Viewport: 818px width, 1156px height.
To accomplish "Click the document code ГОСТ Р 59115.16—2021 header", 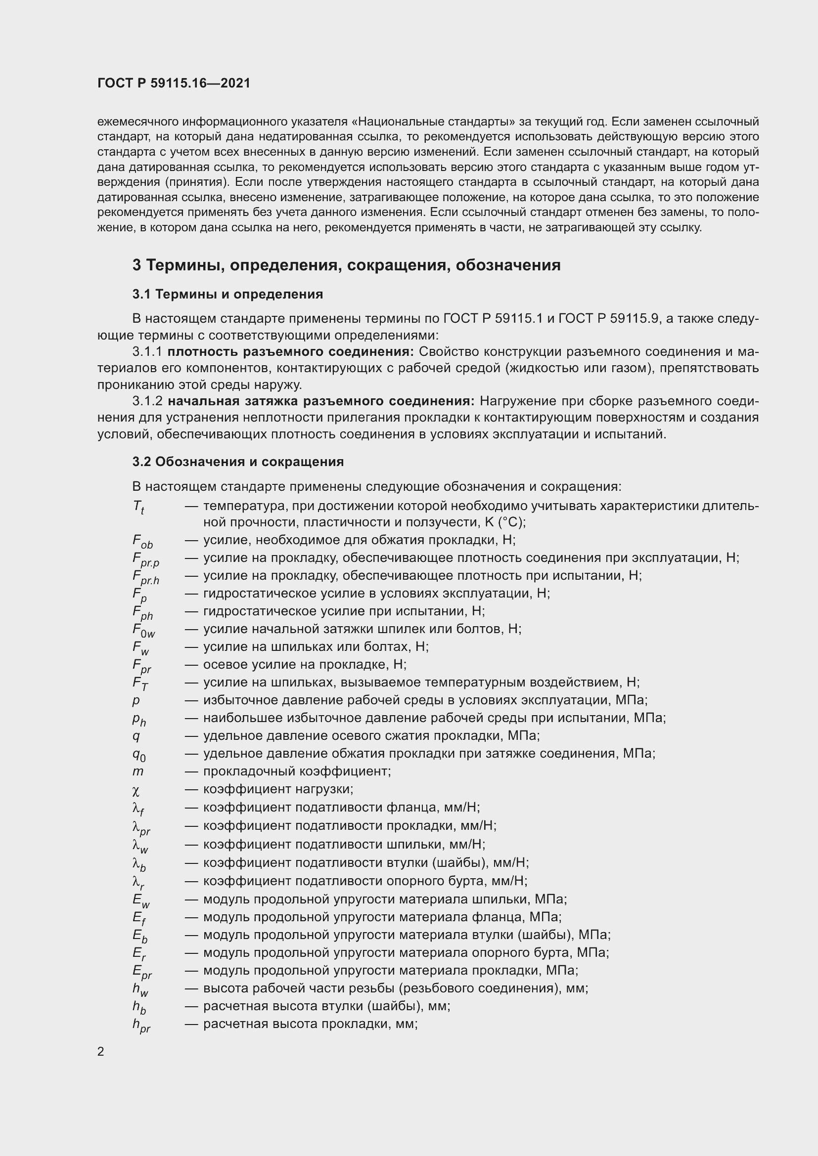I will tap(174, 83).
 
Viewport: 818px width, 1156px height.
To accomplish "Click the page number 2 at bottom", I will tap(101, 1051).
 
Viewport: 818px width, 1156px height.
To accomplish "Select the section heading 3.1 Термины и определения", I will tap(227, 294).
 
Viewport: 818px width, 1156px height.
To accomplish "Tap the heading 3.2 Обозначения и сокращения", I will tap(238, 462).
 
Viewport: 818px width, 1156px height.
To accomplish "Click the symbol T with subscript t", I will tap(138, 507).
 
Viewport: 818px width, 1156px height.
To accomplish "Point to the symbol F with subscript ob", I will tap(142, 542).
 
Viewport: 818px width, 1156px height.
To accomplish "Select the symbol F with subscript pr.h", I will tap(145, 577).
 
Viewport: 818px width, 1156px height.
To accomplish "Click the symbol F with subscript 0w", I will tap(143, 630).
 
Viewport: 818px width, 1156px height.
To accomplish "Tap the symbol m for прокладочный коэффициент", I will tap(138, 771).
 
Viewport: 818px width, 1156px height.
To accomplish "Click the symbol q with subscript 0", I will tap(139, 755).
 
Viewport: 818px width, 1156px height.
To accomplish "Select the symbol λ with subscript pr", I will tap(141, 827).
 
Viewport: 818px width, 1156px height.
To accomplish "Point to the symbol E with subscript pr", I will tap(142, 972).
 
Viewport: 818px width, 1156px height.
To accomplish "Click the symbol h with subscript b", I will tap(139, 1007).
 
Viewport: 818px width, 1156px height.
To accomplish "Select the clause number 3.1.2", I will tap(147, 401).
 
